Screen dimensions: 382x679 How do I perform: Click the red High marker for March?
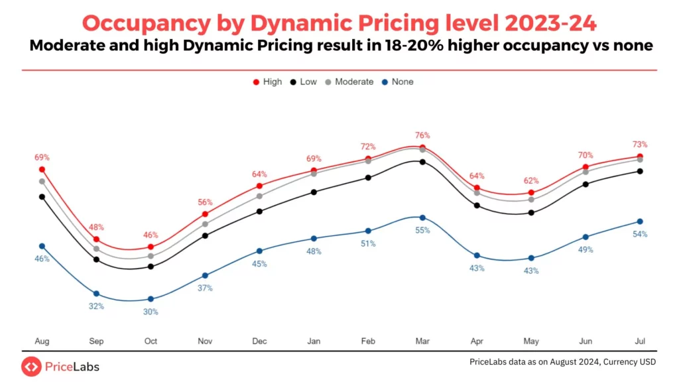tap(422, 147)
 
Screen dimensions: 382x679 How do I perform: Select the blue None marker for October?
tap(151, 299)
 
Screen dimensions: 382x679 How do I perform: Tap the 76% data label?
tap(422, 135)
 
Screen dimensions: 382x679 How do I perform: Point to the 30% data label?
tap(151, 312)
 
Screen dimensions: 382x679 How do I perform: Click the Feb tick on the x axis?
tap(368, 341)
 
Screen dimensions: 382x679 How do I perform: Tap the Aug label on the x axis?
tap(42, 341)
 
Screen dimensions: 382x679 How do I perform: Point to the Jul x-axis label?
tap(640, 341)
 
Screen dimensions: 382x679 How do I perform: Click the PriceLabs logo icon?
tap(31, 366)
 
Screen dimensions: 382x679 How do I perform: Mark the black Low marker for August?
tap(42, 196)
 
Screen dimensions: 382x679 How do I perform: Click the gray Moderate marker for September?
tap(96, 249)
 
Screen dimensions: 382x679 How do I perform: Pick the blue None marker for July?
tap(640, 222)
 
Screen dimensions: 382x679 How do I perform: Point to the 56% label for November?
tap(205, 202)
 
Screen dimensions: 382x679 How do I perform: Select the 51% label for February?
tap(368, 243)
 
